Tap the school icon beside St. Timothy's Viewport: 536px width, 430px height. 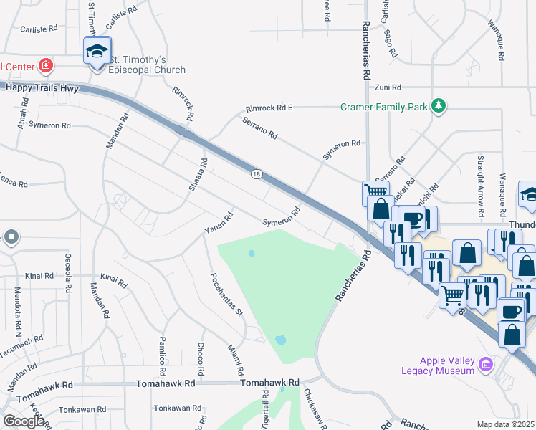(97, 52)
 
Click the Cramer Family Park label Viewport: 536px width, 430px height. (384, 107)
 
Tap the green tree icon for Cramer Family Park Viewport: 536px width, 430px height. (439, 107)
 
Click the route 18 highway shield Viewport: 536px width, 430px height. (256, 174)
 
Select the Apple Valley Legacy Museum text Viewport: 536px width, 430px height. (437, 365)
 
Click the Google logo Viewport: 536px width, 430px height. (24, 421)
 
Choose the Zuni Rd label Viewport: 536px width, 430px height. (387, 87)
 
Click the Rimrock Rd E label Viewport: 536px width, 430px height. (269, 107)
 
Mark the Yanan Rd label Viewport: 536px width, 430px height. (219, 223)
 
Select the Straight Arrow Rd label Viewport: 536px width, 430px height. (479, 183)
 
